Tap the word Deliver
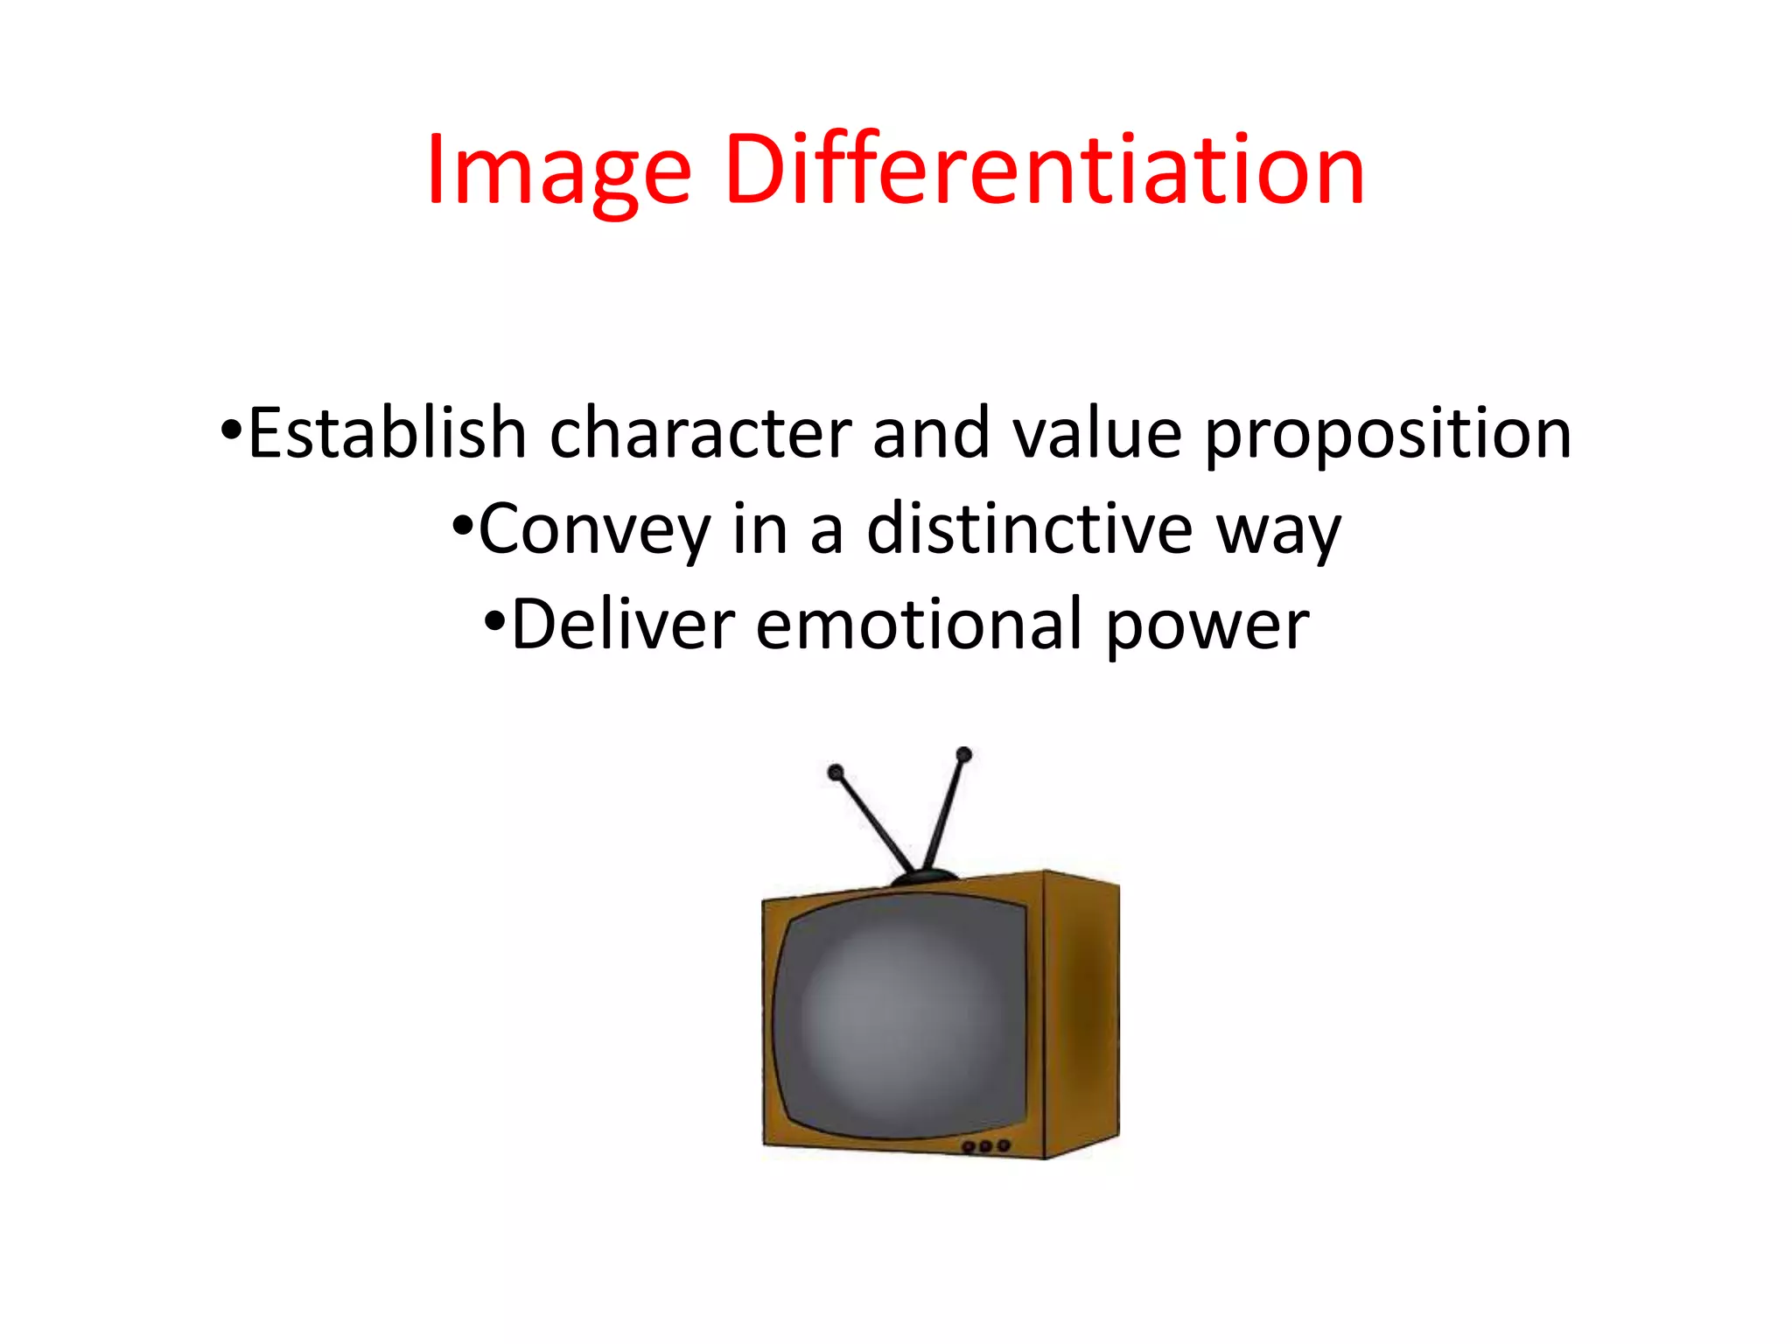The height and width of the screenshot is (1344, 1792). coord(622,625)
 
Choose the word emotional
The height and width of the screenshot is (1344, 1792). coord(919,625)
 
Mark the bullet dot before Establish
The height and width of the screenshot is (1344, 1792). coord(231,430)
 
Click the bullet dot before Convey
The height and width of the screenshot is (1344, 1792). coord(463,526)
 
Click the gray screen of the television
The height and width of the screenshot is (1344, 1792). coord(901,1019)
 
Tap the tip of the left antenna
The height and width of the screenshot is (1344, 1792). coord(836,773)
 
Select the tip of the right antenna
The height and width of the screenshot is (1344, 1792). coord(964,754)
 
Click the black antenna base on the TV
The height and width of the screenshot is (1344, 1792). coord(924,877)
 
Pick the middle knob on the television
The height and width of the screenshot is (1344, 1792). coord(986,1146)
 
